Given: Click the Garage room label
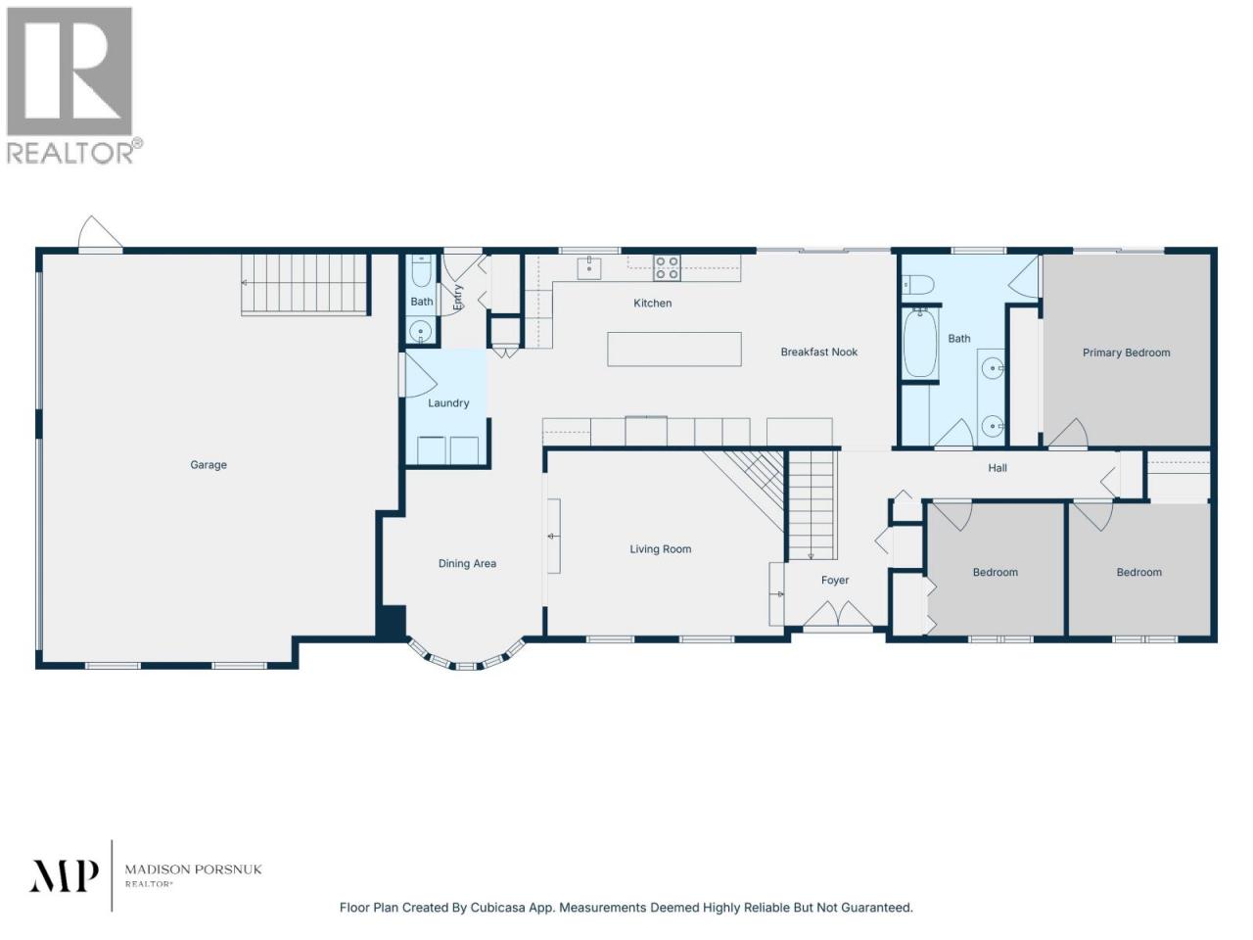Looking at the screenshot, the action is pyautogui.click(x=209, y=465).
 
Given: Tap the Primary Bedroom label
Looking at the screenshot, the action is pyautogui.click(x=1126, y=352).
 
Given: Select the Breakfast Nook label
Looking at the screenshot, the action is pyautogui.click(x=818, y=352).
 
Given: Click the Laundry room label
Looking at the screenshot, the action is pyautogui.click(x=448, y=403).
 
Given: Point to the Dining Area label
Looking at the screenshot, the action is pyautogui.click(x=467, y=564).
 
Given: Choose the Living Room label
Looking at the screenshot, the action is pyautogui.click(x=661, y=549).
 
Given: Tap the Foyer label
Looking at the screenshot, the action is pyautogui.click(x=835, y=581).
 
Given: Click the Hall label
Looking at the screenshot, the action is pyautogui.click(x=998, y=468).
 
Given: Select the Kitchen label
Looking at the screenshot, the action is pyautogui.click(x=653, y=304).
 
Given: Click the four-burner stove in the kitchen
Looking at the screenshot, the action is pyautogui.click(x=667, y=267).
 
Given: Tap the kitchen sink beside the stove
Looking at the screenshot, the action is pyautogui.click(x=588, y=267).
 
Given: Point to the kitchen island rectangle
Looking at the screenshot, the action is pyautogui.click(x=674, y=349).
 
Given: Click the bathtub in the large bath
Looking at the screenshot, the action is pyautogui.click(x=919, y=343).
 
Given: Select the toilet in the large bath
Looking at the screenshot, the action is pyautogui.click(x=917, y=284).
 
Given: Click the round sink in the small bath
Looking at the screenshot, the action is pyautogui.click(x=421, y=332).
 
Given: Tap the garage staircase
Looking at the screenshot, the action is pyautogui.click(x=303, y=284).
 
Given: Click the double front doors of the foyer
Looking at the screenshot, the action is pyautogui.click(x=837, y=614).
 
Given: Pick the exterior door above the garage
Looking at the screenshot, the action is pyautogui.click(x=100, y=234).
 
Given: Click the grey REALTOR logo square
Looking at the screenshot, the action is pyautogui.click(x=70, y=71).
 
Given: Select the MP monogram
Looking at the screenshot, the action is pyautogui.click(x=64, y=875).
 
